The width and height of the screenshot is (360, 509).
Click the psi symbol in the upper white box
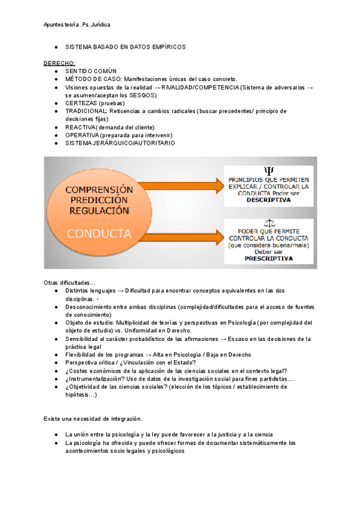pos(268,172)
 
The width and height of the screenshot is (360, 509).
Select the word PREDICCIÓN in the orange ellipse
pos(100,199)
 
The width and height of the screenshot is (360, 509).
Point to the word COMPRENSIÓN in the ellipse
pos(100,188)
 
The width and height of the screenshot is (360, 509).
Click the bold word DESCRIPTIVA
pos(268,200)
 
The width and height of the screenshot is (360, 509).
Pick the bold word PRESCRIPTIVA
pos(268,259)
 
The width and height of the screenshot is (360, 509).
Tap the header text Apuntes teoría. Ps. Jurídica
pos(77,25)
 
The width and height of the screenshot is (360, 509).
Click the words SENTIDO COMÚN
pos(91,71)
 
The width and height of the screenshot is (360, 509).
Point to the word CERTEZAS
pos(82,103)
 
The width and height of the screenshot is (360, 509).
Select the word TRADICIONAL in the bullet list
pos(86,111)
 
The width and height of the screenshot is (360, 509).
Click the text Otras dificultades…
pos(70,282)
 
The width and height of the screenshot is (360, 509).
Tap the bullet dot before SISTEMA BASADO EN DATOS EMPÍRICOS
pos(56,47)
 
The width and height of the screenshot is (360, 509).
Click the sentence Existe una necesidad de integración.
pos(93,418)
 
